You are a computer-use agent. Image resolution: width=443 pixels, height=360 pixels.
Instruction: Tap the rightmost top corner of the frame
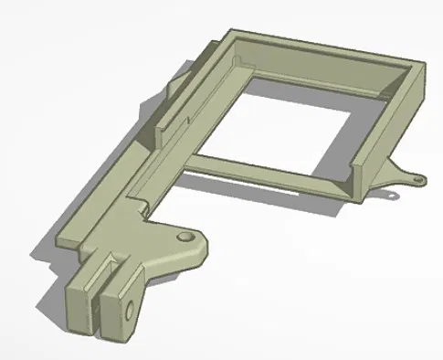click(x=426, y=63)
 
